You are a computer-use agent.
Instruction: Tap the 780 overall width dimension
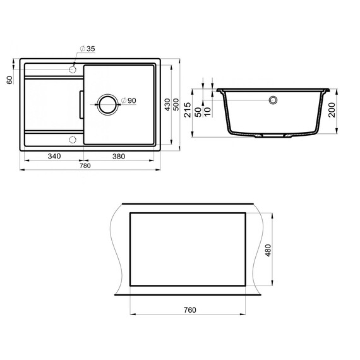click(x=85, y=166)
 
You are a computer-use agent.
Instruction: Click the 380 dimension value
click(x=118, y=156)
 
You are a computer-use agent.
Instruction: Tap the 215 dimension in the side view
click(x=188, y=114)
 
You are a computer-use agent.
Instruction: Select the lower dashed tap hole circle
click(x=72, y=139)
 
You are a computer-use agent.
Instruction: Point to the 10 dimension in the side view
click(x=209, y=111)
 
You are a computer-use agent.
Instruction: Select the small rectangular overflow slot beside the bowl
click(x=80, y=104)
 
